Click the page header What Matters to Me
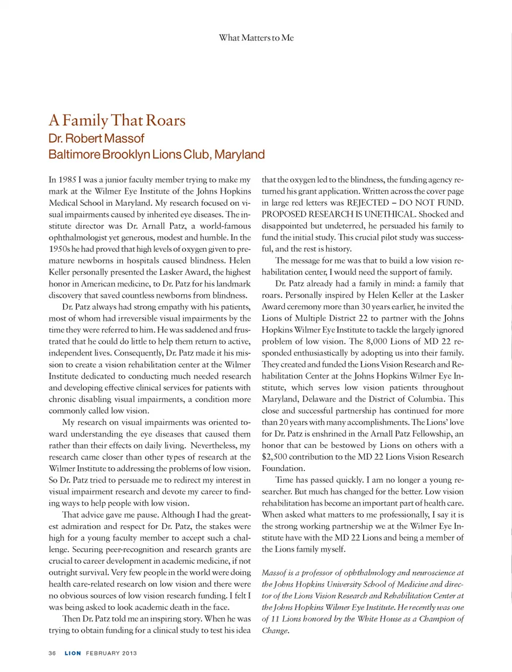256,38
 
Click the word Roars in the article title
165,121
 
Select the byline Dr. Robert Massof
96,139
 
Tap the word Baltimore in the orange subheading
74,155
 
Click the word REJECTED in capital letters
367,203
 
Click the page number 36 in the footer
52,653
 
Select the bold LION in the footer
73,653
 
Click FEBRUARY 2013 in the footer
111,653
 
